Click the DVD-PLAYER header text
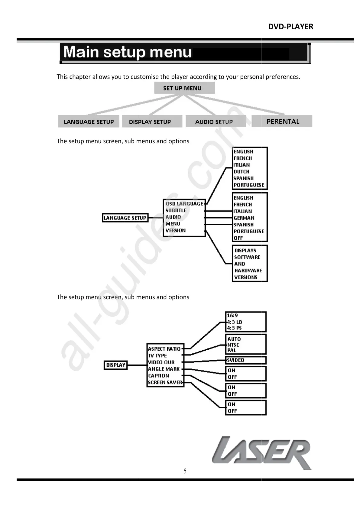pos(290,27)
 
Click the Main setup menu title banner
pos(185,53)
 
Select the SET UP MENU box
pos(184,88)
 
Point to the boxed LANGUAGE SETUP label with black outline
pos(125,218)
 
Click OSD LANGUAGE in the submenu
pos(184,204)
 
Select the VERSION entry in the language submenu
pos(176,230)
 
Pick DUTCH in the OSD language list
pos(242,171)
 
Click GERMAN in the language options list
pos(244,218)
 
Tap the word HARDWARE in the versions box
pos(248,271)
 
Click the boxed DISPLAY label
pos(115,365)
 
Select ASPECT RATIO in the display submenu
pos(164,349)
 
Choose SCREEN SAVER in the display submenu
pos(165,382)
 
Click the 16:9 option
pos(232,316)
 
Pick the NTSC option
pos(233,345)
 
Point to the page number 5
pos(185,471)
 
